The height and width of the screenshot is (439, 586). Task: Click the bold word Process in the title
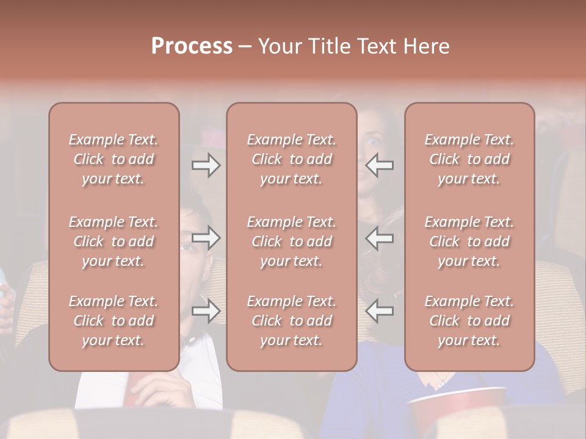click(x=192, y=46)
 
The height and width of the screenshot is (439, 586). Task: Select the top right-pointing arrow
click(x=206, y=165)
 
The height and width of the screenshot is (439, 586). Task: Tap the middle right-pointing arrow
click(x=206, y=238)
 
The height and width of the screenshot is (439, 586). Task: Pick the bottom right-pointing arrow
click(x=206, y=311)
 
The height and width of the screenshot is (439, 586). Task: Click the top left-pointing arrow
click(x=380, y=165)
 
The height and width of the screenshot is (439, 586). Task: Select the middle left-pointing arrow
click(x=380, y=238)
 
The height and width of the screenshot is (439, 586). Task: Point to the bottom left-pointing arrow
click(x=380, y=311)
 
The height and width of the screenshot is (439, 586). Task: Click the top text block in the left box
click(x=114, y=159)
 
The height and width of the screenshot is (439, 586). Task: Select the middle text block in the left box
click(x=114, y=241)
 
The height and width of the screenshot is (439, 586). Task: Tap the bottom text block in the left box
click(x=114, y=321)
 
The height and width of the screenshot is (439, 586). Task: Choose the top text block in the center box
click(x=291, y=159)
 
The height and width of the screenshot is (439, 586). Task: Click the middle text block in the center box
click(x=291, y=241)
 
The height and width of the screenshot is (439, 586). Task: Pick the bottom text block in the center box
click(x=291, y=321)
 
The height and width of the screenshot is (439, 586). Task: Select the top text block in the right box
click(x=469, y=159)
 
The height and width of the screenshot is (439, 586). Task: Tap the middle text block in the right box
click(x=469, y=241)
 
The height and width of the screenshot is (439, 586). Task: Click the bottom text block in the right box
click(x=469, y=321)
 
